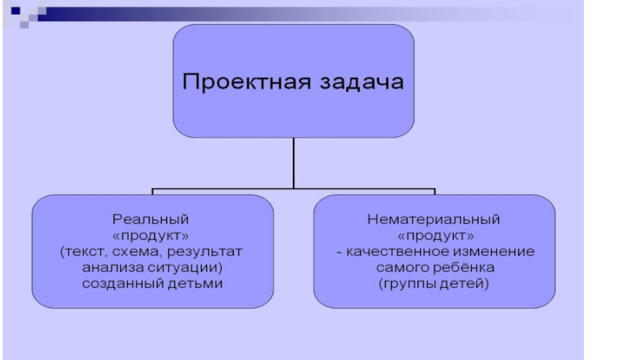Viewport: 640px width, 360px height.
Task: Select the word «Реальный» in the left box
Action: click(152, 218)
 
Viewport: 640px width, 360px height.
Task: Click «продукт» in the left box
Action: click(152, 235)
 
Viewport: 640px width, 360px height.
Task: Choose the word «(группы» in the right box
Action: click(408, 286)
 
